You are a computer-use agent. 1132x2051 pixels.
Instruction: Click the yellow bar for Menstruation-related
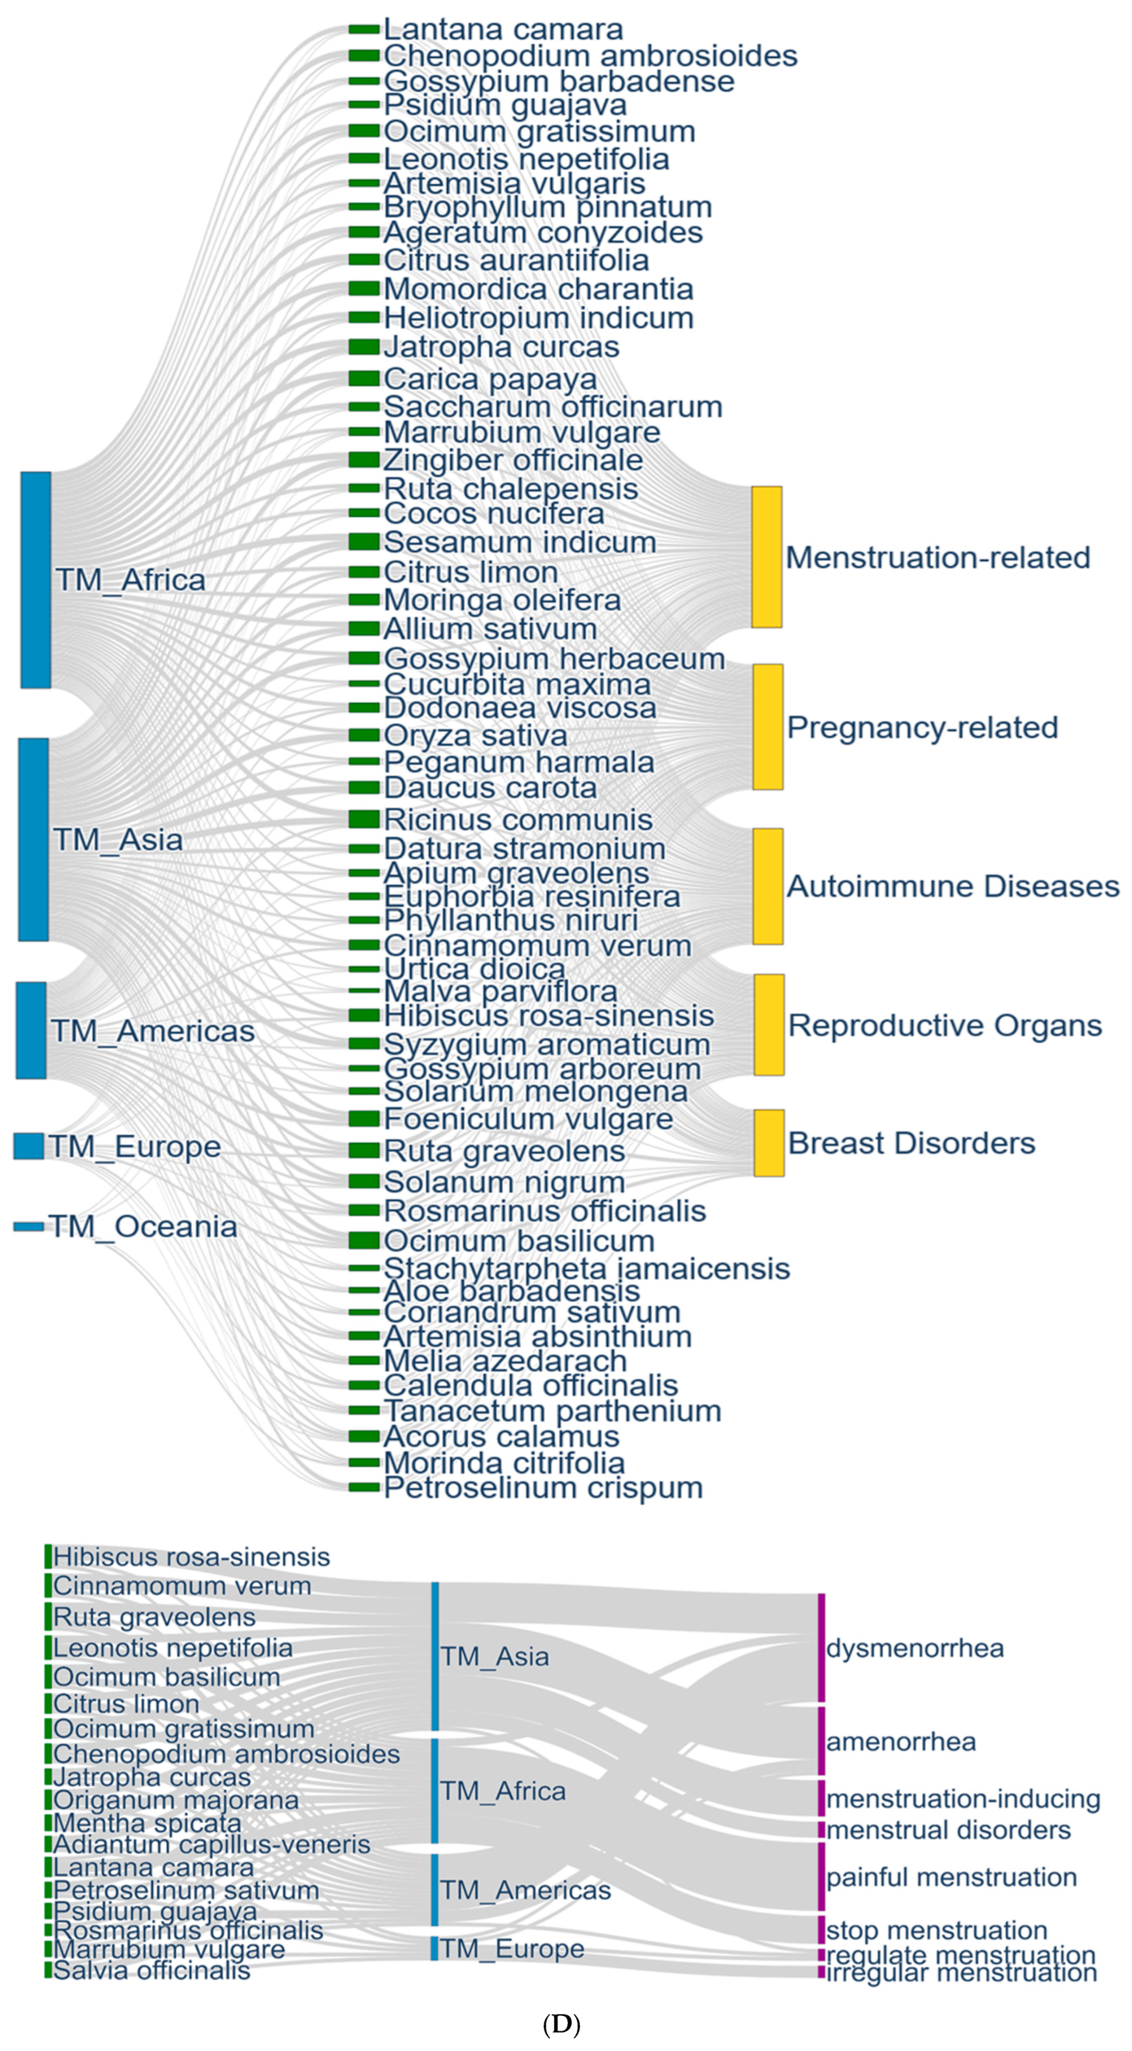click(767, 557)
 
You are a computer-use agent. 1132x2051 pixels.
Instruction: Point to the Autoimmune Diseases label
click(953, 887)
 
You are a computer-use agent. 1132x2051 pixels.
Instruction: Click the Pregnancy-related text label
click(922, 728)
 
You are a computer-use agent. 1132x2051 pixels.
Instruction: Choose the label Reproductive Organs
click(945, 1025)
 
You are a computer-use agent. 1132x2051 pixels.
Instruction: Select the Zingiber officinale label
click(513, 460)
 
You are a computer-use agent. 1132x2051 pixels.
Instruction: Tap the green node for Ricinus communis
click(364, 819)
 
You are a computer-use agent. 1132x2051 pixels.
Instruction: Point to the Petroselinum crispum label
click(543, 1487)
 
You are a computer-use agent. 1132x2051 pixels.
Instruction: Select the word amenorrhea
click(900, 1741)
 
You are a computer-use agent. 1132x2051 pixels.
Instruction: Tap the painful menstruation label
click(952, 1877)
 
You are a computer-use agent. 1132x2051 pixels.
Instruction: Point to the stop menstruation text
click(936, 1930)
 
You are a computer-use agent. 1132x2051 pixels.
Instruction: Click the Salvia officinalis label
click(151, 1970)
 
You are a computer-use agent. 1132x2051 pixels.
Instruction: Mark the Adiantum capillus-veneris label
click(212, 1844)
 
